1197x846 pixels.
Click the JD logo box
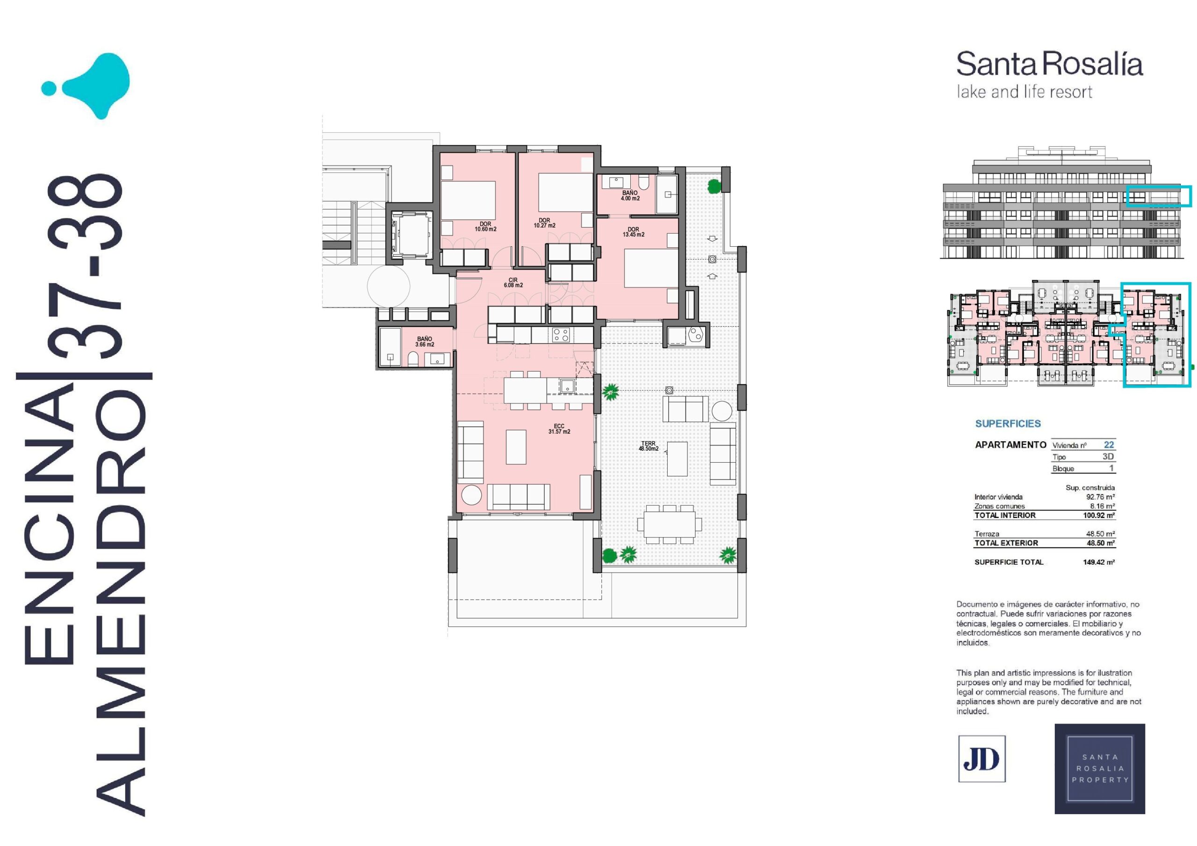pos(982,759)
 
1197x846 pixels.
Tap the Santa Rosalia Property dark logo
pos(1099,768)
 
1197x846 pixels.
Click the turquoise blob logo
pos(86,86)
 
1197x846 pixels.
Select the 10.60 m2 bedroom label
pos(485,227)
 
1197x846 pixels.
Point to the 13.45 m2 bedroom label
pos(634,232)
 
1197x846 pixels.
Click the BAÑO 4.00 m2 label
pos(630,195)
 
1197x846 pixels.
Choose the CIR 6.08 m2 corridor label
pos(513,282)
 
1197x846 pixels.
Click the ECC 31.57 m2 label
pos(559,429)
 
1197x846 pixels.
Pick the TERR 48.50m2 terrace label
pos(649,446)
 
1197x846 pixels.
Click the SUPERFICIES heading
pos(1008,424)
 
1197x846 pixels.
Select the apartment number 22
pos(1109,445)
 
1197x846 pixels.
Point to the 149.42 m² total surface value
pos(1099,562)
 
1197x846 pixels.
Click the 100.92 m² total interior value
pos(1099,515)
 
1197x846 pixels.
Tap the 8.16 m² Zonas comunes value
pos(1102,506)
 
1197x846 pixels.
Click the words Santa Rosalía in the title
pos(1049,64)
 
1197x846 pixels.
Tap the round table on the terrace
pos(722,411)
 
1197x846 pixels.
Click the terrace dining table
pos(670,524)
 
